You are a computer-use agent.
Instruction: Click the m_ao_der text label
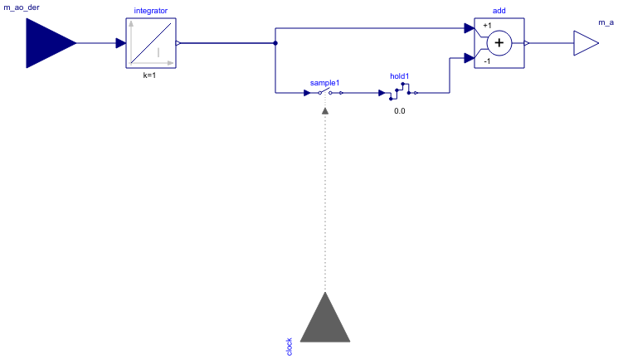(x=22, y=7)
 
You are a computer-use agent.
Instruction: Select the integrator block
(x=150, y=43)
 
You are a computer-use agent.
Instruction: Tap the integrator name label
(x=150, y=10)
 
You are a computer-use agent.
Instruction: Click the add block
(x=499, y=43)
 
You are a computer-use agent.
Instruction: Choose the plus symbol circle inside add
(x=499, y=43)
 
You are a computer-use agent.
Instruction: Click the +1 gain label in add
(x=487, y=26)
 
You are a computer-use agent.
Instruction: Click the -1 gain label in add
(x=487, y=61)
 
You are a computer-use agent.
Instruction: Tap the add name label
(x=499, y=10)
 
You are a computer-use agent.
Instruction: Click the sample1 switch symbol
(x=325, y=93)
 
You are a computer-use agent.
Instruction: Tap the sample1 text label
(x=325, y=83)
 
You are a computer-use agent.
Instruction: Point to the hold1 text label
(x=400, y=76)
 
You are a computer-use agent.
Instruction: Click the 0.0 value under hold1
(x=400, y=110)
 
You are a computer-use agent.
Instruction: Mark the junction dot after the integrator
(x=275, y=43)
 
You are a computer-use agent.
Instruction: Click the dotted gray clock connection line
(x=325, y=199)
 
